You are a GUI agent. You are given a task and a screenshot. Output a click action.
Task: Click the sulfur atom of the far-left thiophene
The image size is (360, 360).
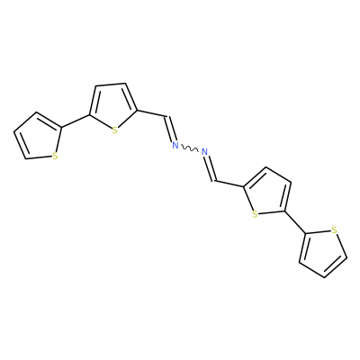[55, 156]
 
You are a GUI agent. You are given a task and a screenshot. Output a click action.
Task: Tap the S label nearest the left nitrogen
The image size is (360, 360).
[114, 130]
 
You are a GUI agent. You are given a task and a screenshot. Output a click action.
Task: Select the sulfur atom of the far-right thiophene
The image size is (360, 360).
[335, 230]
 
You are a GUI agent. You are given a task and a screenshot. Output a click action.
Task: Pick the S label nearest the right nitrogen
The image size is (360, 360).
[255, 214]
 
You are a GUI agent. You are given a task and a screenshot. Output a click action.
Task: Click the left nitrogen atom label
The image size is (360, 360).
[175, 146]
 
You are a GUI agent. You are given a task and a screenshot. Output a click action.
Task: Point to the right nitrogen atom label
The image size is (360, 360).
[204, 152]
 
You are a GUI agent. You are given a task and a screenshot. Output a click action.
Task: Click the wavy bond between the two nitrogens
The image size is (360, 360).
[190, 148]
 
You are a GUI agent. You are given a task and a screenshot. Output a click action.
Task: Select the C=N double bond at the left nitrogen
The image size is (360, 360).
[169, 129]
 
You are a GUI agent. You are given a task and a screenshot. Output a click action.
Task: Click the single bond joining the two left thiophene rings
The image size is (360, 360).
[76, 121]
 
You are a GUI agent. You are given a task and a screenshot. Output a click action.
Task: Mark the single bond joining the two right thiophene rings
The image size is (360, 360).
[294, 222]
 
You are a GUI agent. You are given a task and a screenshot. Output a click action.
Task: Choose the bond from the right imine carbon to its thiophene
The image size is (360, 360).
[229, 184]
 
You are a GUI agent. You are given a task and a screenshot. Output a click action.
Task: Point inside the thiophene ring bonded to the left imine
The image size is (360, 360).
[112, 108]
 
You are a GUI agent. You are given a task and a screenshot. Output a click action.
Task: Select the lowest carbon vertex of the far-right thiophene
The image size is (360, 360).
[324, 277]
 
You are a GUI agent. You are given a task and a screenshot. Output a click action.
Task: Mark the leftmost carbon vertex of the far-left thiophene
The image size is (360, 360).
[14, 132]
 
